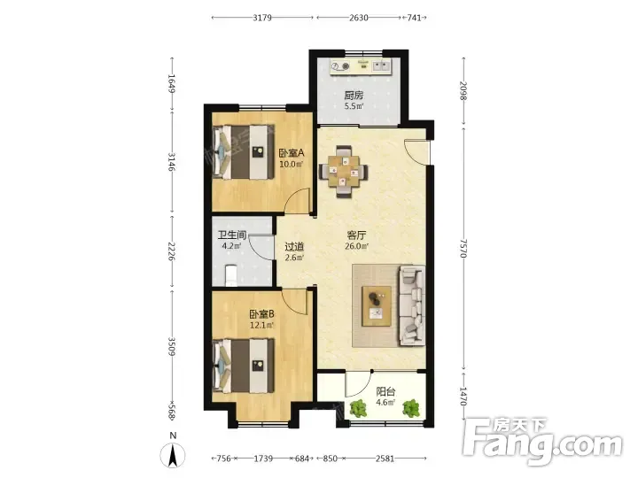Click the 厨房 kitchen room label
point(354,96)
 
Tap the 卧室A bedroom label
point(292,153)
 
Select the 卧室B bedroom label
point(261,314)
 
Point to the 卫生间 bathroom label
point(232,235)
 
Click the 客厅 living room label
point(356,235)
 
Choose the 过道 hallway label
point(294,247)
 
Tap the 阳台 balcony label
point(385,391)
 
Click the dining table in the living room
point(344,172)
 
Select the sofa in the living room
point(412,305)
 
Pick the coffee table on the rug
point(377,305)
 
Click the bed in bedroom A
point(244,152)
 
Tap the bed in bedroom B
point(244,366)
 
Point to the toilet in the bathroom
point(230,275)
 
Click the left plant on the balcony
point(358,408)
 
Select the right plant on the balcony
point(411,408)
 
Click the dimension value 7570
point(463,248)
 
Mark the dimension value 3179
point(262,18)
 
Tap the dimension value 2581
point(385,459)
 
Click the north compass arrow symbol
point(173,455)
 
